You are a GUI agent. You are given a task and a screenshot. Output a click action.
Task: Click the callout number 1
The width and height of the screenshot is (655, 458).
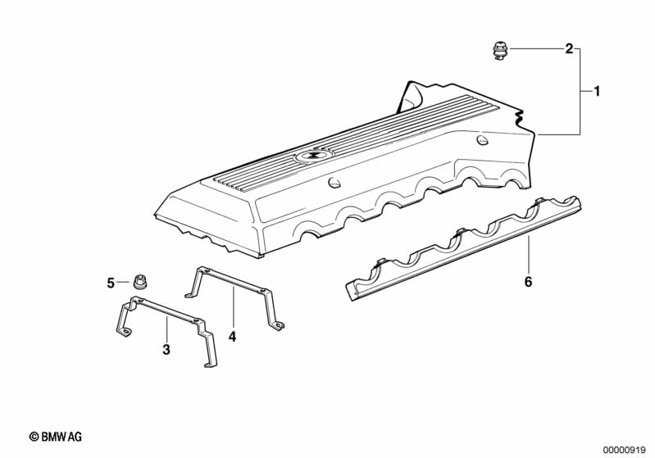pos(597,91)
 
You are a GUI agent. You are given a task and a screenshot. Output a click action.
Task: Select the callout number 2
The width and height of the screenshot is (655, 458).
pos(569,49)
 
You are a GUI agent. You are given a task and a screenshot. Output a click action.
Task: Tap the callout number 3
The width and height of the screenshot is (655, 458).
pos(166,349)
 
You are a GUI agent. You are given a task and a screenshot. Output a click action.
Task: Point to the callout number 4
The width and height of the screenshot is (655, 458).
pos(232,336)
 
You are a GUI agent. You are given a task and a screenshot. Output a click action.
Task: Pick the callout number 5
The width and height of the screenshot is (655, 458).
pos(111,283)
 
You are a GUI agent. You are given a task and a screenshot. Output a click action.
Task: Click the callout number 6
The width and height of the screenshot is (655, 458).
pos(529,282)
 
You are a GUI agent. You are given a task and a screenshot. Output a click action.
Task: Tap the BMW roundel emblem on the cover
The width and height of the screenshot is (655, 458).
pos(311,156)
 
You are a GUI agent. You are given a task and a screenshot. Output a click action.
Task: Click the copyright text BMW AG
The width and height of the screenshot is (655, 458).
pos(61,437)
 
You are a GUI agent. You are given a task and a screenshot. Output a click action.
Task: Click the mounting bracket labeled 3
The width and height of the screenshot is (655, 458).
pos(166,331)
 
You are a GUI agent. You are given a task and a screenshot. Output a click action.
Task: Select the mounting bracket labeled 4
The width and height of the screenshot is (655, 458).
pos(234,297)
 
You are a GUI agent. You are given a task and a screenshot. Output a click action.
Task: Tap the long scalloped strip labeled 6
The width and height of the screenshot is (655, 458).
pos(463,248)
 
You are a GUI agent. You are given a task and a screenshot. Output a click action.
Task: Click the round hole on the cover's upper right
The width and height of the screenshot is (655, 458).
pos(482,140)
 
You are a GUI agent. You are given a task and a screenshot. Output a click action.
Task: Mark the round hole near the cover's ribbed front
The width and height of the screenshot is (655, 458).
pos(334,183)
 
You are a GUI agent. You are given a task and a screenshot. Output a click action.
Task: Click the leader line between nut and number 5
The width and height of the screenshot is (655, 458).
pos(123,282)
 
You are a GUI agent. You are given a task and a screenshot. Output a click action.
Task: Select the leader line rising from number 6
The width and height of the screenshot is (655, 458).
pos(529,255)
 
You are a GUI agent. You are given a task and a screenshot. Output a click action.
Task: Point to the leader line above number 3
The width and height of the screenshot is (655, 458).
pos(166,329)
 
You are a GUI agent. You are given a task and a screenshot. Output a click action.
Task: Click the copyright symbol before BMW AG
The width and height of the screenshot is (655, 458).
pos(34,437)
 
